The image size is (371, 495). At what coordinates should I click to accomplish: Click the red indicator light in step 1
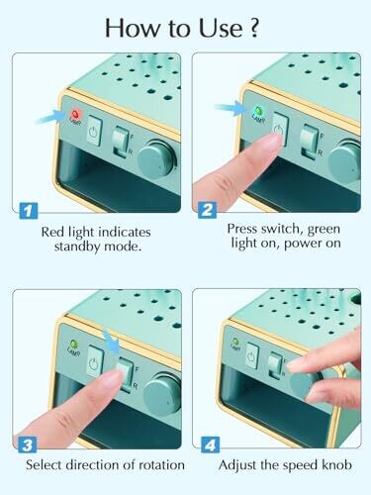pos(76,115)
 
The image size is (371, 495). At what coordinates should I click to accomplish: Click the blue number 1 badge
pos(29,211)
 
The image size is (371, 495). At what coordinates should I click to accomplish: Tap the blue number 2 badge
pos(208,210)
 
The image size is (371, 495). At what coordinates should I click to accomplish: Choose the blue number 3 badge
pos(28,445)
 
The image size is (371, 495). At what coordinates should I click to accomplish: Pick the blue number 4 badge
pos(210,445)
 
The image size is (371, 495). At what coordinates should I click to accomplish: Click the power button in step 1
pos(94,131)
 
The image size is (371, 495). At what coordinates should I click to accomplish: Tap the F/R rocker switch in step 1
pos(121,142)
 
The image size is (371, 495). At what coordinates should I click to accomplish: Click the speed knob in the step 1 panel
pos(155,157)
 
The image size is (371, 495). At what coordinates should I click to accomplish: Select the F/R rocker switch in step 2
pos(310,141)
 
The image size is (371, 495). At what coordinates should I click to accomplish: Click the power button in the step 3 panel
pos(96,361)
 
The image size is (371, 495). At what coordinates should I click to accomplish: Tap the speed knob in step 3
pos(162,393)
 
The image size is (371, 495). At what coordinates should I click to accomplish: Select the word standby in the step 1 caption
pos(77,247)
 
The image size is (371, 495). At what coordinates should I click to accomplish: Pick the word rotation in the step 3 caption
pos(161,465)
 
